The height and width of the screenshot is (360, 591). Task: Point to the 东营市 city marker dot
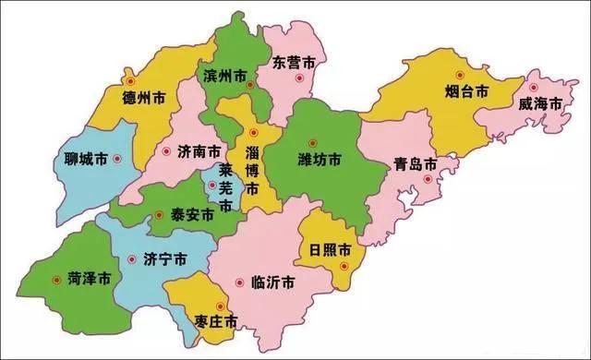(296, 80)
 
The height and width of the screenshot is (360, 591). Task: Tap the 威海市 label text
(540, 103)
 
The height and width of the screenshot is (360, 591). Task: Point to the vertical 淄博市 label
(253, 165)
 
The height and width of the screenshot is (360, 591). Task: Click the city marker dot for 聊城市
(118, 159)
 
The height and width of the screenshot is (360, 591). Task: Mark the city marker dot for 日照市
(343, 266)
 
